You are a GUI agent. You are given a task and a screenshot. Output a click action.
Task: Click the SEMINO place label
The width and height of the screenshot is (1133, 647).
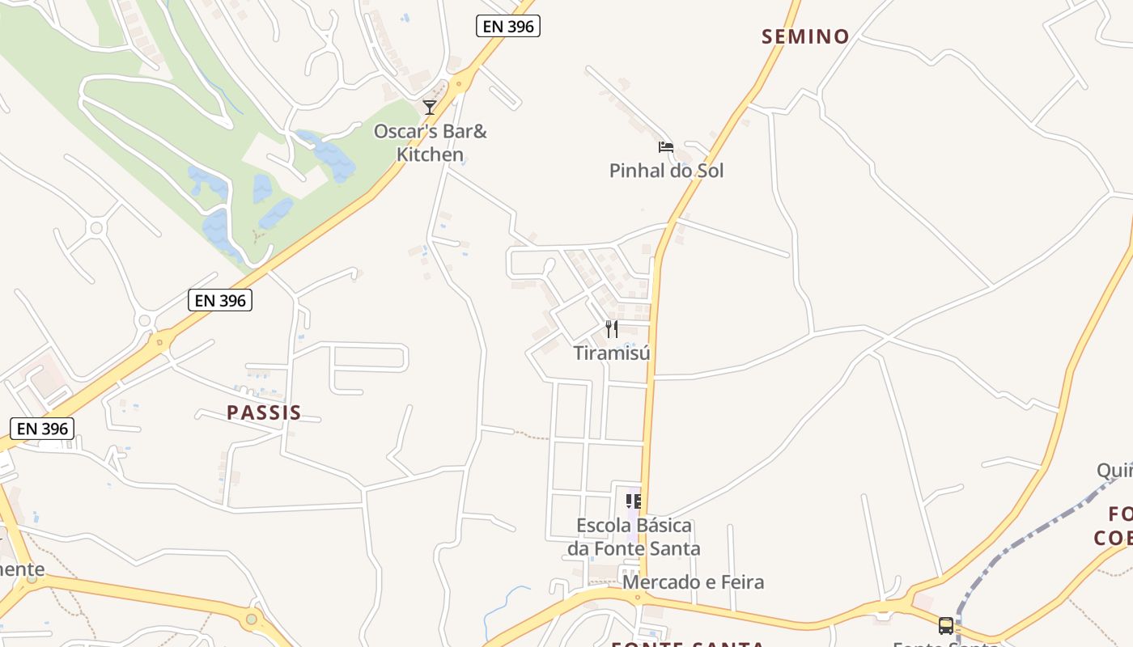point(805,36)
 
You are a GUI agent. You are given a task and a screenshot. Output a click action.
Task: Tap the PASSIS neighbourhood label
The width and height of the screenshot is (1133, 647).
point(264,413)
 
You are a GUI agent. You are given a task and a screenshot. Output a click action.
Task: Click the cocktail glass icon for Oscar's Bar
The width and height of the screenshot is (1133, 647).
point(430,107)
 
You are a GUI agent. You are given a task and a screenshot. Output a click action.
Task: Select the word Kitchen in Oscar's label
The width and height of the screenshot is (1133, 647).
point(430,154)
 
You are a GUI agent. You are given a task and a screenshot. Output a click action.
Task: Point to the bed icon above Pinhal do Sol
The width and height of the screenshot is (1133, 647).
point(666,146)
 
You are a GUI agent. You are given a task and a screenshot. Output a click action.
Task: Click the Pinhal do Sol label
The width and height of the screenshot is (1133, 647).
point(666,171)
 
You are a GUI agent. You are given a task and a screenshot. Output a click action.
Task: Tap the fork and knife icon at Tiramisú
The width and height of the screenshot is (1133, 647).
point(612,329)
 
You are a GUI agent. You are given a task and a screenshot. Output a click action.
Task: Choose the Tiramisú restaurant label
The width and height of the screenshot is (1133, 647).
point(612,353)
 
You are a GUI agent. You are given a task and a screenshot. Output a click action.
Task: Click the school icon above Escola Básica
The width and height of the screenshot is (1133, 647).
point(634,501)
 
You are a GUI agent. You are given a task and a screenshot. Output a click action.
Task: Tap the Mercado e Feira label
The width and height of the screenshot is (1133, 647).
point(693,582)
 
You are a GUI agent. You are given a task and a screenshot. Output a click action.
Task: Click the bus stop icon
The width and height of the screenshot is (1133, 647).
point(945,625)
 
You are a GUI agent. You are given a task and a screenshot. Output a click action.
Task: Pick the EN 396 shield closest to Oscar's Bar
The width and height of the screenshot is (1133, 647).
point(507,26)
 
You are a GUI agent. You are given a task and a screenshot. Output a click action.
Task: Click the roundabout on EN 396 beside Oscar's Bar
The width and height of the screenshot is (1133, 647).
point(462,82)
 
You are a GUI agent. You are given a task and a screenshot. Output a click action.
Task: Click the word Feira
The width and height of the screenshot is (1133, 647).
point(739,582)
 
